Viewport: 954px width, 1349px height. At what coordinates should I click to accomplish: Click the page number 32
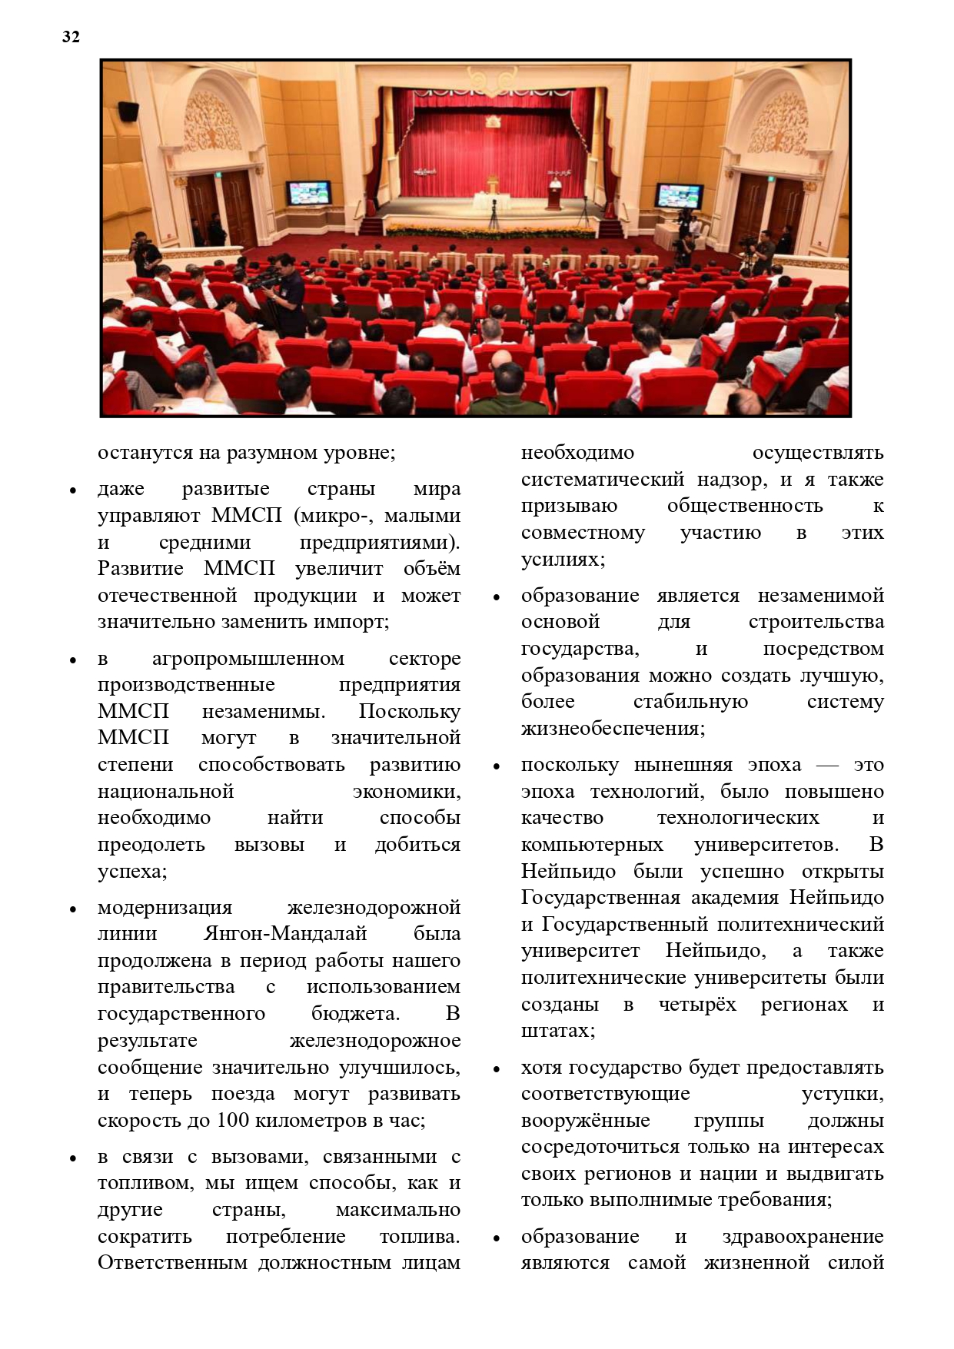coord(71,37)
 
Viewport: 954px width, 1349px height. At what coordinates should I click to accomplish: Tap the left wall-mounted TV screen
coord(309,192)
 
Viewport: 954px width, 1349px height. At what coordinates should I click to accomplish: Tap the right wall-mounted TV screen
coord(679,195)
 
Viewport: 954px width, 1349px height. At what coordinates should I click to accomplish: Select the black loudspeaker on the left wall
coord(128,111)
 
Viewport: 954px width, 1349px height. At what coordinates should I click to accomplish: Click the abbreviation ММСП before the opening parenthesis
coord(246,516)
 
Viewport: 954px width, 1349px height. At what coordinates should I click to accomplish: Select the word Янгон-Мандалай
coord(285,934)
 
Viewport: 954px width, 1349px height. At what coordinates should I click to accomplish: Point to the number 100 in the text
coord(233,1120)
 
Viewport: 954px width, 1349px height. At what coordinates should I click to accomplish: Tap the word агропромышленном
coord(248,659)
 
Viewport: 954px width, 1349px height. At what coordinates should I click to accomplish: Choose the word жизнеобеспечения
coord(613,728)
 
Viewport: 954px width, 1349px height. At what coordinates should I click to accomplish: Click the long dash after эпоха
coord(827,766)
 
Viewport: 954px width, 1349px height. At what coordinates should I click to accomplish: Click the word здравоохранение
coord(803,1237)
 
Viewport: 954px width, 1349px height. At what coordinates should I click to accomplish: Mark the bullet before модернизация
coord(73,909)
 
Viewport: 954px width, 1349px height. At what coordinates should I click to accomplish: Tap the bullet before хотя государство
coord(497,1069)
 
